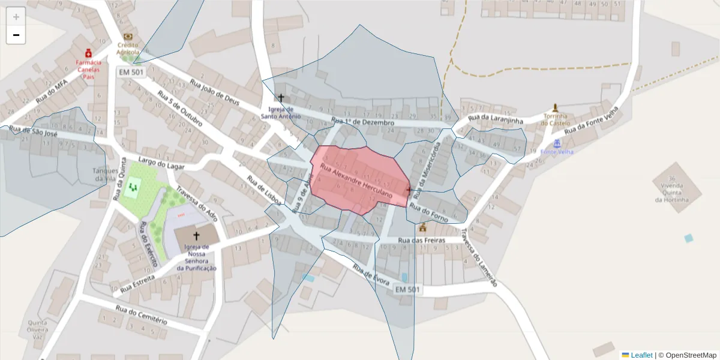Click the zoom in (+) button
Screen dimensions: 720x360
pyautogui.click(x=16, y=16)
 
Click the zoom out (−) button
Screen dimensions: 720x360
pyautogui.click(x=16, y=35)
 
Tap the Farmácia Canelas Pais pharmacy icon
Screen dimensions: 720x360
pyautogui.click(x=89, y=53)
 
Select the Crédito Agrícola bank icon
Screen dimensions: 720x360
pyautogui.click(x=127, y=36)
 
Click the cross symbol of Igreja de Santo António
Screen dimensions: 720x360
pyautogui.click(x=280, y=97)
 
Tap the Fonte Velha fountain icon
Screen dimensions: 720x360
pyautogui.click(x=557, y=143)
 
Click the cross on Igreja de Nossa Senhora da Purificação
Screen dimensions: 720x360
pyautogui.click(x=196, y=236)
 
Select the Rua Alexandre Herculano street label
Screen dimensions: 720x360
pyautogui.click(x=356, y=181)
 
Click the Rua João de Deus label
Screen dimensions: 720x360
pyautogui.click(x=214, y=92)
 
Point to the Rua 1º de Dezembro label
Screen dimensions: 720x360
pyautogui.click(x=362, y=122)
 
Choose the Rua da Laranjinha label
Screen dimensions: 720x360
pyautogui.click(x=496, y=119)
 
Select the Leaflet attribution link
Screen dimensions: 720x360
pyautogui.click(x=641, y=355)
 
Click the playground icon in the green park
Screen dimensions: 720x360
pyautogui.click(x=133, y=188)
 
